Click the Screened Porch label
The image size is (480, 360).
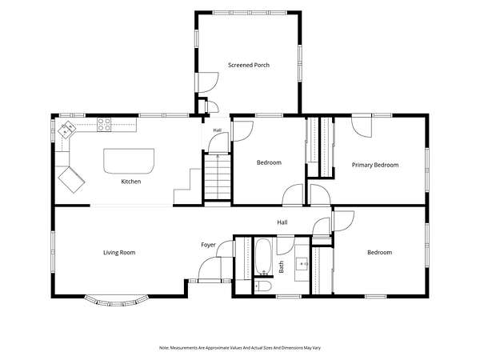pyautogui.click(x=249, y=65)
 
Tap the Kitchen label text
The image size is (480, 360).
pyautogui.click(x=131, y=182)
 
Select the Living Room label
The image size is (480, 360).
pyautogui.click(x=119, y=253)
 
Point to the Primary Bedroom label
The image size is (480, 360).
pyautogui.click(x=375, y=165)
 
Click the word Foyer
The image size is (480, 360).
pyautogui.click(x=208, y=245)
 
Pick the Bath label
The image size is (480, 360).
pyautogui.click(x=281, y=267)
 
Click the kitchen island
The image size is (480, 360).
pyautogui.click(x=129, y=162)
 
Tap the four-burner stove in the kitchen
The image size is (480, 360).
pyautogui.click(x=104, y=125)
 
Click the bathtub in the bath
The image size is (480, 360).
pyautogui.click(x=262, y=257)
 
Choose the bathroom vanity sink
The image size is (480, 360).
pyautogui.click(x=302, y=263)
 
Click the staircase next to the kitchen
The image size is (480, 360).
pyautogui.click(x=218, y=177)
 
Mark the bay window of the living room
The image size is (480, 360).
pyautogui.click(x=115, y=301)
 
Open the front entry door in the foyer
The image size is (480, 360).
pyautogui.click(x=210, y=269)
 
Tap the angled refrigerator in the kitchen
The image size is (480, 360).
pyautogui.click(x=71, y=180)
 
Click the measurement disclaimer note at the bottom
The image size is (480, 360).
pyautogui.click(x=240, y=348)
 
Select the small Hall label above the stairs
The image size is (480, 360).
pyautogui.click(x=218, y=130)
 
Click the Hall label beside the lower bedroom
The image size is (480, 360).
pyautogui.click(x=282, y=222)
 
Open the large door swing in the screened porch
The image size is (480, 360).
pyautogui.click(x=208, y=82)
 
